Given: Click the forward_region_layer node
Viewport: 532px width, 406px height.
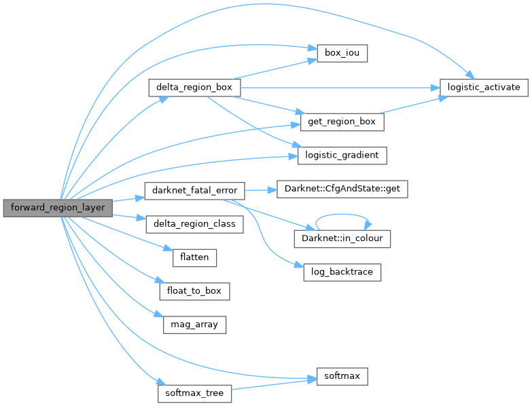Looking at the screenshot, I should pyautogui.click(x=58, y=208).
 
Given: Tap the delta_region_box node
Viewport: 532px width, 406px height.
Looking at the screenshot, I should pyautogui.click(x=194, y=88).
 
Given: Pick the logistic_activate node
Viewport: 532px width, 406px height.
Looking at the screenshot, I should pyautogui.click(x=483, y=88).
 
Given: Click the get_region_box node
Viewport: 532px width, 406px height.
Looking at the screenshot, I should pyautogui.click(x=342, y=122).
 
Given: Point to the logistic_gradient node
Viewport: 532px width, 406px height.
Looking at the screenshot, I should pyautogui.click(x=342, y=155).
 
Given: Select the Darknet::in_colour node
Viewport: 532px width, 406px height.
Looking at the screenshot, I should pyautogui.click(x=342, y=238).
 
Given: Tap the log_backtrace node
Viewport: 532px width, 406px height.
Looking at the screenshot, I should pyautogui.click(x=342, y=272).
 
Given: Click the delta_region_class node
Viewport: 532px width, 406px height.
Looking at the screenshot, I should pyautogui.click(x=194, y=223).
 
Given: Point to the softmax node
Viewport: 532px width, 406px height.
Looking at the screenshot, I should pyautogui.click(x=342, y=375).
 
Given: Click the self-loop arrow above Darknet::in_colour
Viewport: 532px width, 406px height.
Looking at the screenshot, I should pyautogui.click(x=342, y=217).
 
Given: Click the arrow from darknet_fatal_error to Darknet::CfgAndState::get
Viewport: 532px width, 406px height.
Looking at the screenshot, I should pyautogui.click(x=260, y=189).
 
